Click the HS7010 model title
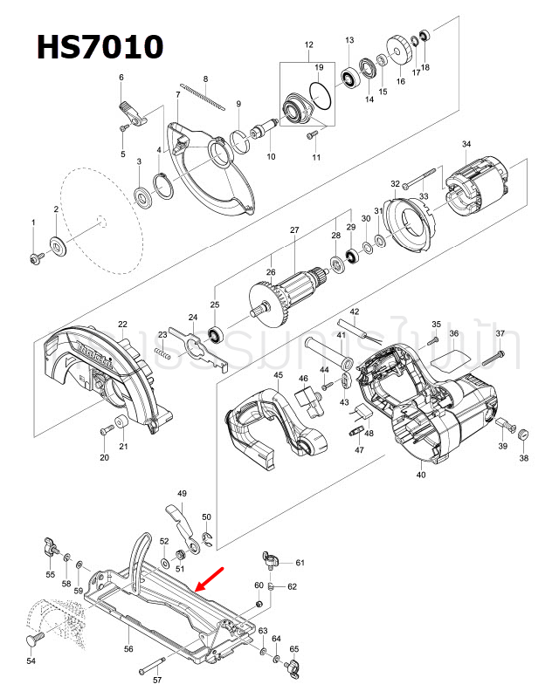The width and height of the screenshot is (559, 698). coord(99,45)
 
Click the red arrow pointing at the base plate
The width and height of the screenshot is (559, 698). coord(213,578)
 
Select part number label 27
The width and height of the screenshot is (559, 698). coord(294,230)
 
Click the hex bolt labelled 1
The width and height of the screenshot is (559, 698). coord(35,258)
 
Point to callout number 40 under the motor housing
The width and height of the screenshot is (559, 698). coord(421,476)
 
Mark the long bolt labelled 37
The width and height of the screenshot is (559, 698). coord(494,357)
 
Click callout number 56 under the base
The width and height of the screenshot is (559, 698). coord(128,649)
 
